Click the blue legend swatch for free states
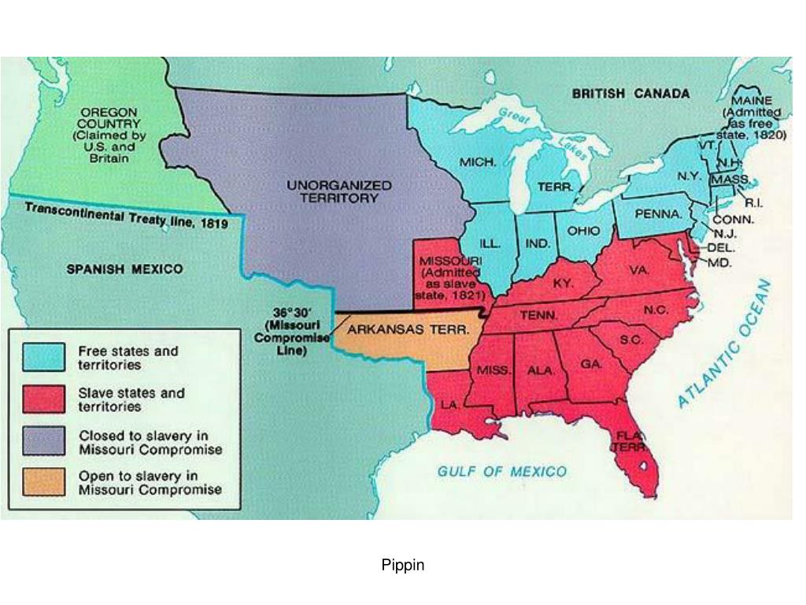[43, 357]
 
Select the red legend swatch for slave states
[43, 399]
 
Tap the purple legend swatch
[43, 441]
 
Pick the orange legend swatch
[43, 482]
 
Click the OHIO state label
[583, 231]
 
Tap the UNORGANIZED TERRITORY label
[338, 191]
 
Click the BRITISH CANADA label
[630, 93]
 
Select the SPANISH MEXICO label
[124, 269]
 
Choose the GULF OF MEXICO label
[501, 472]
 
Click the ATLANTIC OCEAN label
[725, 345]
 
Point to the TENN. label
[539, 315]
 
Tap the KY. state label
[563, 283]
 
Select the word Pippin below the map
[403, 565]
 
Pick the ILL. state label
[491, 244]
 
